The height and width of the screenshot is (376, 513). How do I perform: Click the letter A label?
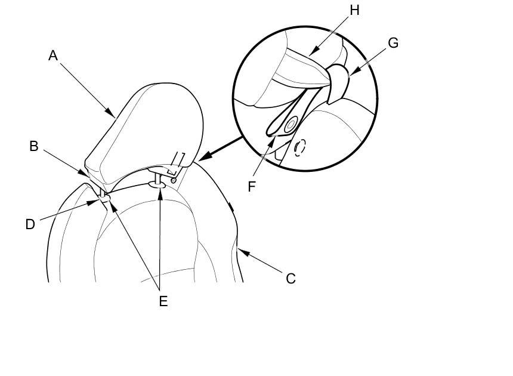point(53,56)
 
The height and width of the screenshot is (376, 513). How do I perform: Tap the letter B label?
point(34,146)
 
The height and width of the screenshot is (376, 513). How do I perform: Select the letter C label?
point(291,278)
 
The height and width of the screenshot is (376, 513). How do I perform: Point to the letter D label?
point(30,224)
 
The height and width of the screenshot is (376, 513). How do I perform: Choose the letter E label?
point(163,301)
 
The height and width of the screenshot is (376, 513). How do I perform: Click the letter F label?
point(252,186)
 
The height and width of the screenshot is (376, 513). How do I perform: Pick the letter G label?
point(393,43)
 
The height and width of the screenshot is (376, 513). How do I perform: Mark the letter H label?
point(355,10)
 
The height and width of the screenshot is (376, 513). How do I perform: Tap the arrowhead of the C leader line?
point(241,252)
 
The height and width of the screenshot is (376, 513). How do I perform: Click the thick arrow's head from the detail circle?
point(200,159)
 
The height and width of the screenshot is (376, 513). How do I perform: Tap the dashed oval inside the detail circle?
point(299,146)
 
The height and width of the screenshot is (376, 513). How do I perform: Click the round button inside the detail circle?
point(291,125)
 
